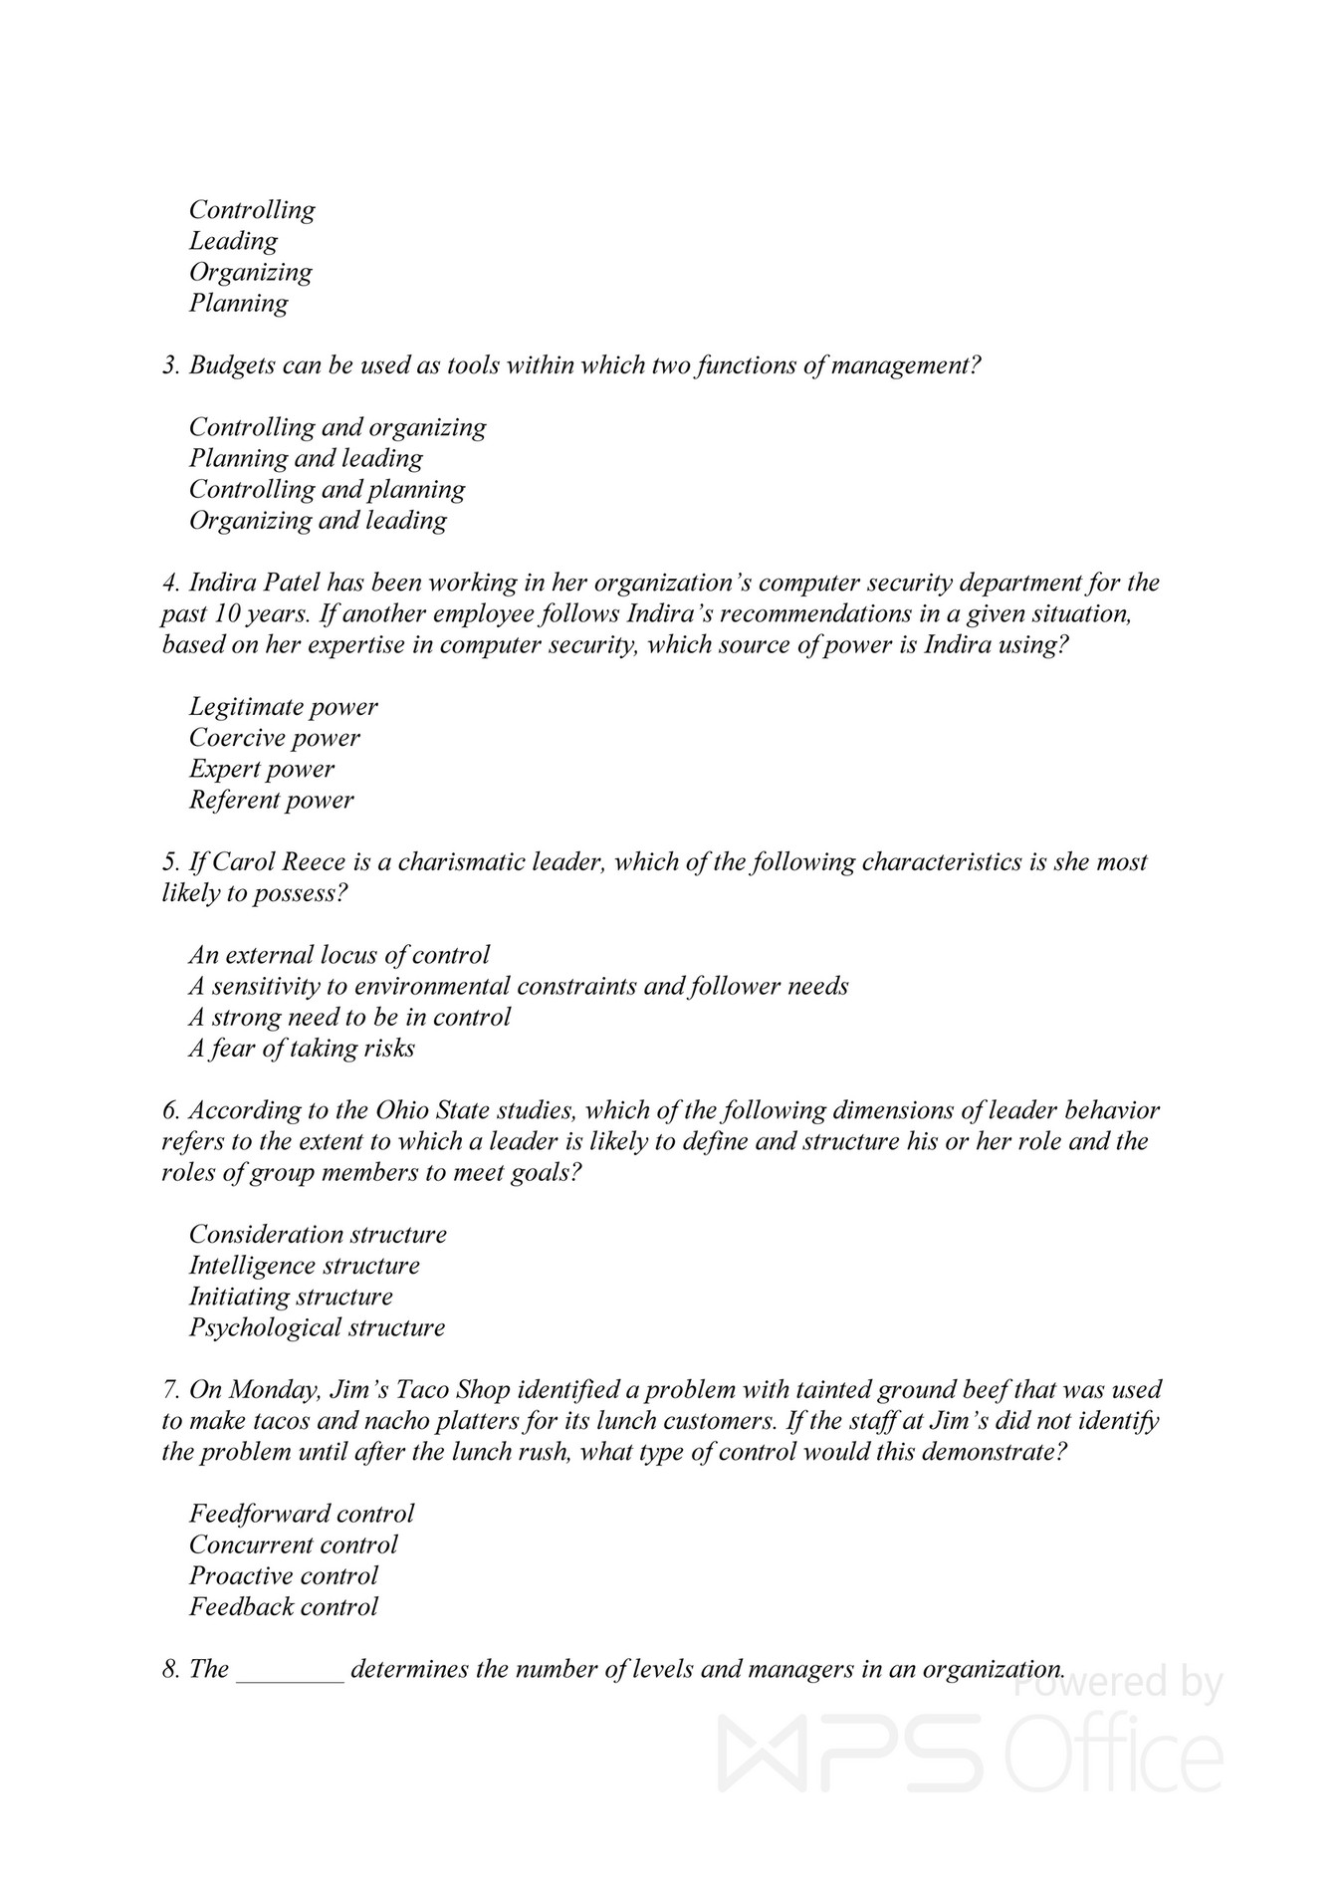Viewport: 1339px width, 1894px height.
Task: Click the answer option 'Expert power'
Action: click(x=262, y=769)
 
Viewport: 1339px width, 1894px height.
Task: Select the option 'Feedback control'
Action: click(x=284, y=1606)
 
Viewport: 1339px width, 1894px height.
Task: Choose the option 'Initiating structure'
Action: click(x=291, y=1297)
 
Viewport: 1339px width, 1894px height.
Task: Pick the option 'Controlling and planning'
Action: click(x=327, y=489)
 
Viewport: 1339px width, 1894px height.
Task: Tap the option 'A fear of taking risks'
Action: click(x=302, y=1048)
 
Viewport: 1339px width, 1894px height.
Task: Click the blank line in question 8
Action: click(x=290, y=1669)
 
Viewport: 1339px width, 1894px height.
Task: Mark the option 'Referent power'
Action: click(x=271, y=800)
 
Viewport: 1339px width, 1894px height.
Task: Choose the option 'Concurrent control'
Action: click(x=294, y=1544)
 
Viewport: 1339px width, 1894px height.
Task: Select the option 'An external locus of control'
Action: click(x=339, y=955)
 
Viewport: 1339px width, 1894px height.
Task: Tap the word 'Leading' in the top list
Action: click(x=234, y=241)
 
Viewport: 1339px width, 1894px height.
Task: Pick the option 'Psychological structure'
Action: click(x=317, y=1327)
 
